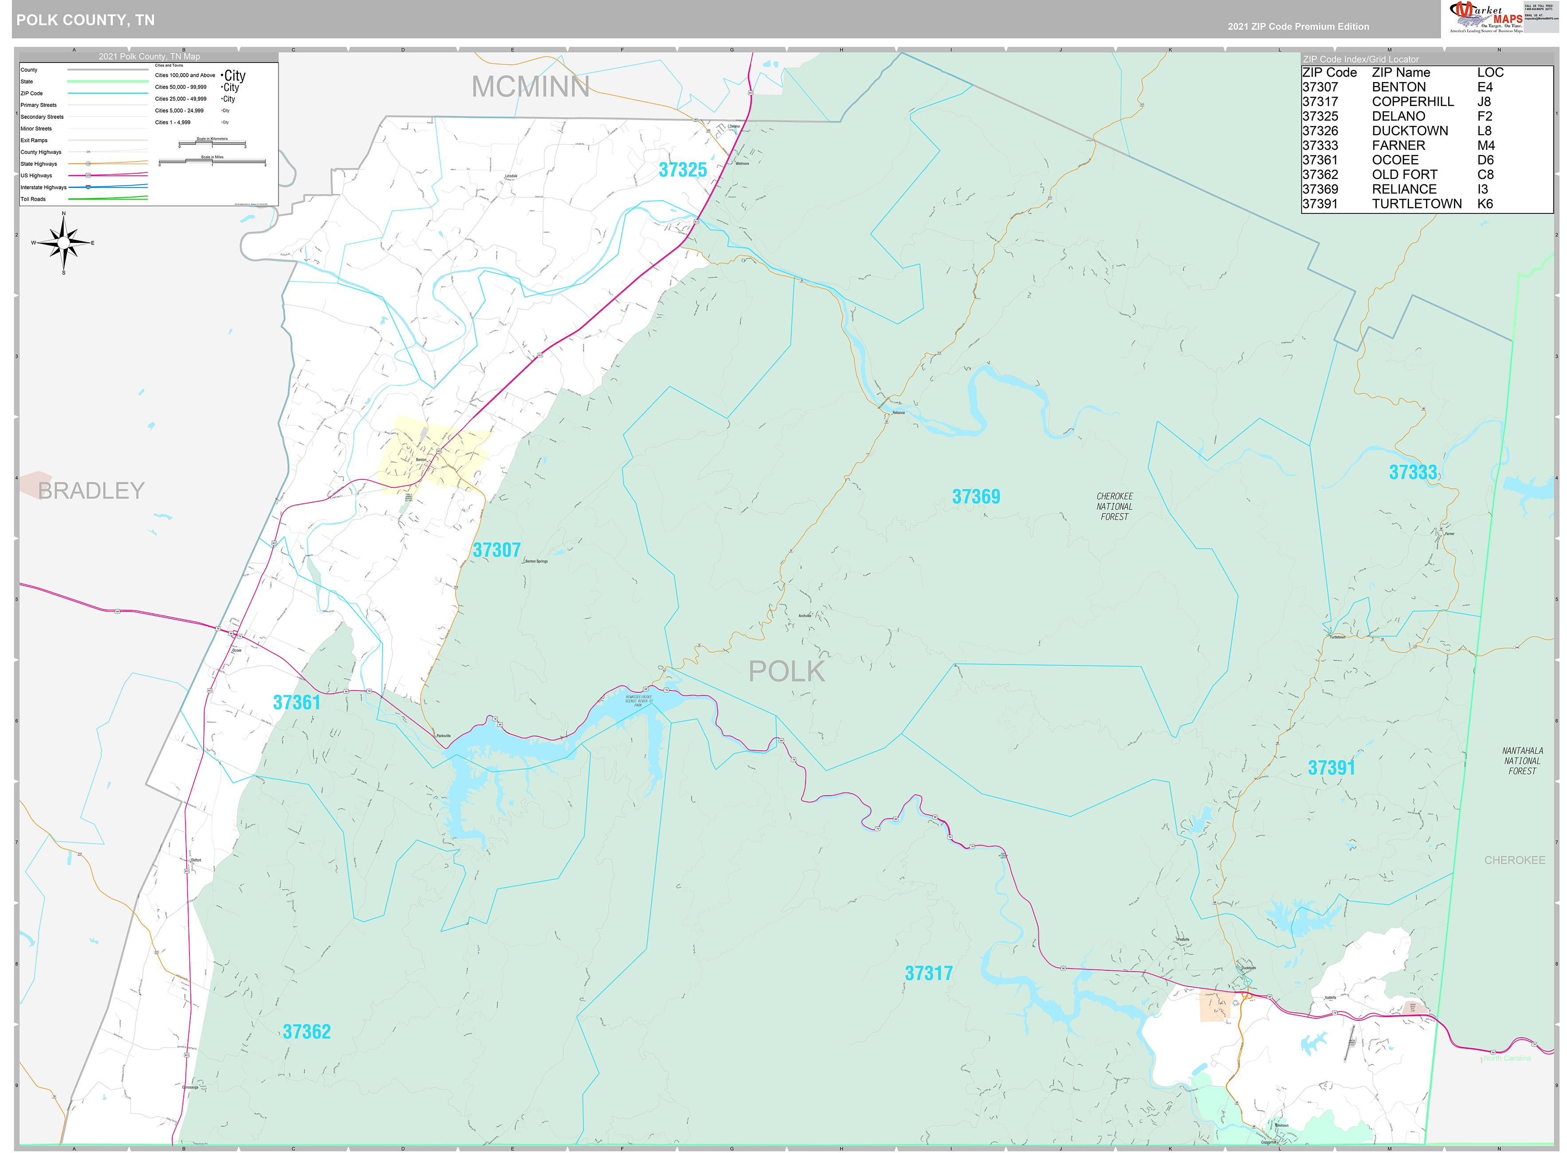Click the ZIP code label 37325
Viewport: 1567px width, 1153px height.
pos(682,169)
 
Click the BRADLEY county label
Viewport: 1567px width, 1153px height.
pos(91,490)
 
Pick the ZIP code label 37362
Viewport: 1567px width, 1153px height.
pos(306,1031)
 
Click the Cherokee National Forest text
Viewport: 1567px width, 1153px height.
pos(1114,507)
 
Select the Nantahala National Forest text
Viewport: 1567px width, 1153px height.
pos(1522,761)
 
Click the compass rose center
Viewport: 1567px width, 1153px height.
pos(63,243)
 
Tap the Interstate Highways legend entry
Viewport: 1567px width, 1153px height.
pos(43,187)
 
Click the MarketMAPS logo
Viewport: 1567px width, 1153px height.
pos(1485,17)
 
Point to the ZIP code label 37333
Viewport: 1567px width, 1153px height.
pos(1412,472)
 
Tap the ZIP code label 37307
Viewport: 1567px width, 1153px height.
pos(496,550)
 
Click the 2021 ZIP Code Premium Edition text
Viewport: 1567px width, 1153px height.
pos(1298,27)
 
